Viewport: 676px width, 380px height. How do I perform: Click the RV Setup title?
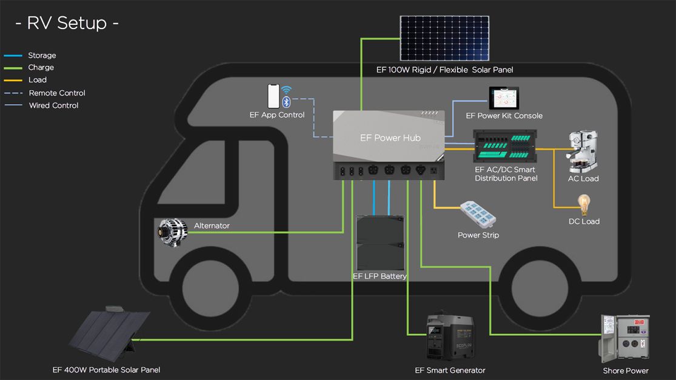[x=67, y=23]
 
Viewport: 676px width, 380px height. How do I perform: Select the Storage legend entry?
[x=42, y=55]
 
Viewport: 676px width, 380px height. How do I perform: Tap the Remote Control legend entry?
[x=56, y=93]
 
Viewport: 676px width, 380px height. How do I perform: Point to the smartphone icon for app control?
[x=273, y=96]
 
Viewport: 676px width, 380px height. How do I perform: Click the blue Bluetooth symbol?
[x=286, y=102]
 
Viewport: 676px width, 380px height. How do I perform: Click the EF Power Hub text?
[x=390, y=138]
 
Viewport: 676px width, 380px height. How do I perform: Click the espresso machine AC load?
[x=581, y=152]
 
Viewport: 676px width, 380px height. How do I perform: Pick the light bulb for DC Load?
[x=584, y=204]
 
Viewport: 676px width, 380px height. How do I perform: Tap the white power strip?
[x=478, y=215]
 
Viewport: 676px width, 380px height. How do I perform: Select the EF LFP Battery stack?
[x=380, y=242]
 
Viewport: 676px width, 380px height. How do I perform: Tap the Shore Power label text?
[x=625, y=370]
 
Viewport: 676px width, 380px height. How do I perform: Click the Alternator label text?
[x=212, y=225]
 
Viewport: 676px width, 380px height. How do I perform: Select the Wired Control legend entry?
[x=53, y=105]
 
